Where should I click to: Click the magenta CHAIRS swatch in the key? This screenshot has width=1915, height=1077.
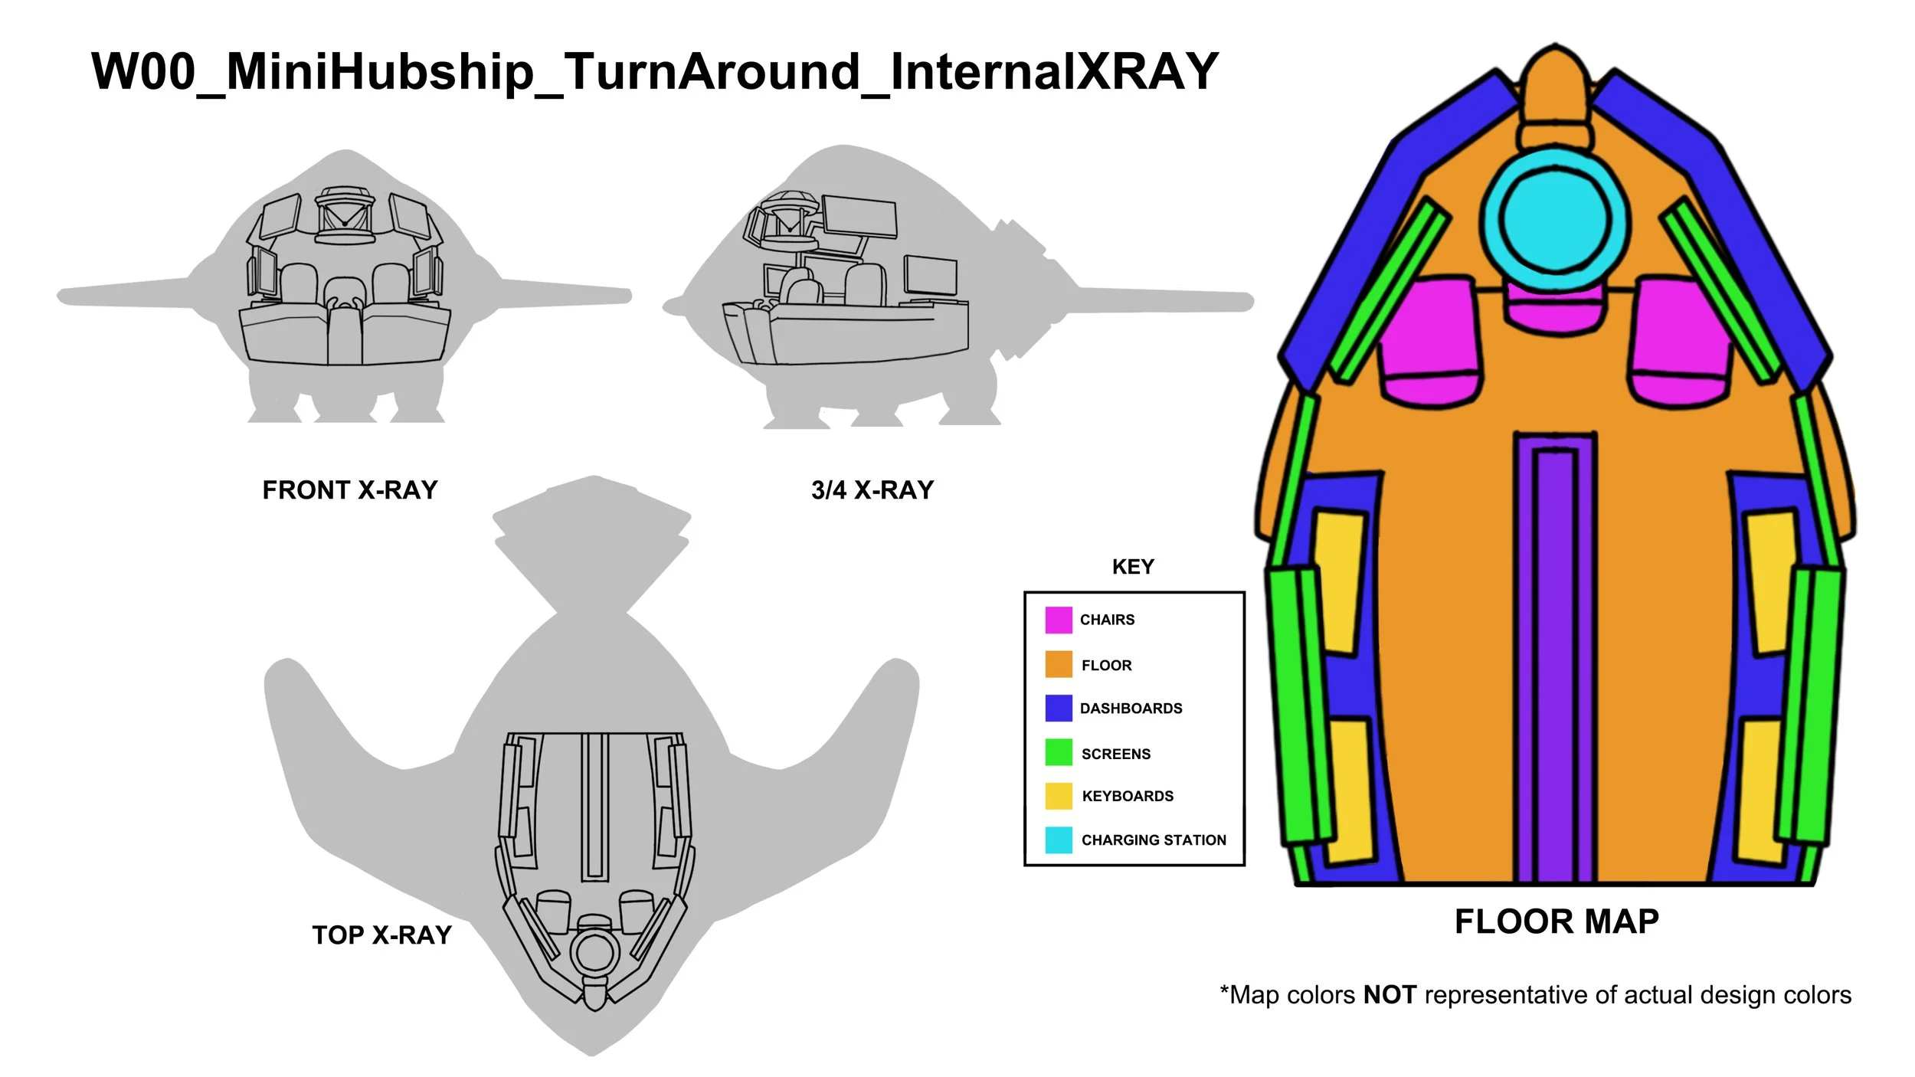point(1059,620)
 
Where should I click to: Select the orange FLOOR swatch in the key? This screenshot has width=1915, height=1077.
point(1059,664)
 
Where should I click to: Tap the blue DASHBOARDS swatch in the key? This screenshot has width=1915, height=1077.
point(1059,708)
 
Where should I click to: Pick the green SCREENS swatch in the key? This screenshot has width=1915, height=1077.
point(1059,752)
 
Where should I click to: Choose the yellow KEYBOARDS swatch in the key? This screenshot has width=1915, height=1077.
point(1059,796)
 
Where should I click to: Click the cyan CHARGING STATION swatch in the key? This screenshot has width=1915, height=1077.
point(1059,840)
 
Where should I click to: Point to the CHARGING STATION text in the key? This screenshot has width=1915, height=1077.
point(1154,840)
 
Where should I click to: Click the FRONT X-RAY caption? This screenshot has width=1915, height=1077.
point(350,490)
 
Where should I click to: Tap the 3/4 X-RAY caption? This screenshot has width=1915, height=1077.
point(872,490)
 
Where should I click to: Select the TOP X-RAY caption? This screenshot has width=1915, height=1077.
point(381,935)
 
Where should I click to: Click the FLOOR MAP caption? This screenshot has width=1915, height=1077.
point(1557,922)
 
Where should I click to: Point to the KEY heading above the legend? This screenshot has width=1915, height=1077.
point(1133,567)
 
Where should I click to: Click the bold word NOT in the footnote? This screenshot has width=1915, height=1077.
point(1390,995)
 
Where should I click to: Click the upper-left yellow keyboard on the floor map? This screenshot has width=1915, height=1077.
point(1340,582)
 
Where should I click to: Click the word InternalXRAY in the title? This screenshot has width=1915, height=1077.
point(1054,72)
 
